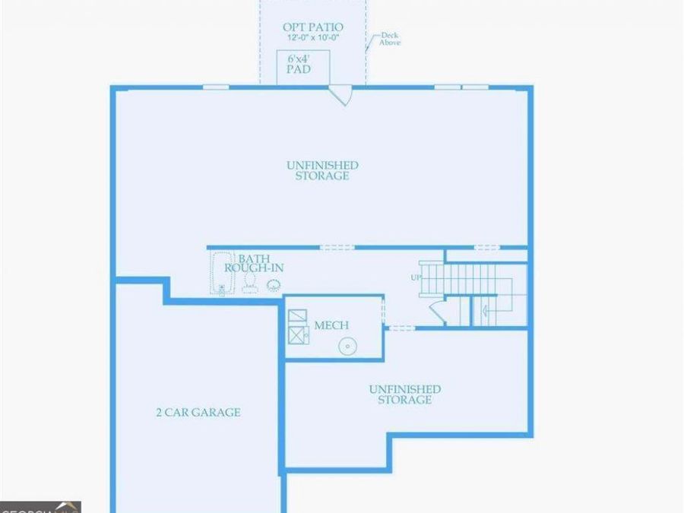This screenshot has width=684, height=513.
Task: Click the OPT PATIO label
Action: click(312, 27)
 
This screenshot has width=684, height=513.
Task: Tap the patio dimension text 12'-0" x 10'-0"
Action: click(312, 37)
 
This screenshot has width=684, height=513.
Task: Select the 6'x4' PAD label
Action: click(298, 63)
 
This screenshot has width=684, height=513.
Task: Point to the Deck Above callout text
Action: click(388, 39)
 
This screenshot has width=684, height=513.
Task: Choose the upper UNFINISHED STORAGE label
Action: click(322, 170)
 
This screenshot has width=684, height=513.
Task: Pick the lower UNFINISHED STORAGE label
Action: click(404, 394)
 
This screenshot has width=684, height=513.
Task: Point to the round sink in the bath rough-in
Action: click(273, 285)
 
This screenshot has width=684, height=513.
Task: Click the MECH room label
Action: click(331, 325)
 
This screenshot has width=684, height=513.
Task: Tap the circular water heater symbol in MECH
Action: click(347, 346)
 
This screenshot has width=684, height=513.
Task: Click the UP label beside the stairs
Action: click(416, 277)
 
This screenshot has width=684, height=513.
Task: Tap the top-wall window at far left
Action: click(216, 87)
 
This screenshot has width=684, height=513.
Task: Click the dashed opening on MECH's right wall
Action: click(383, 312)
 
